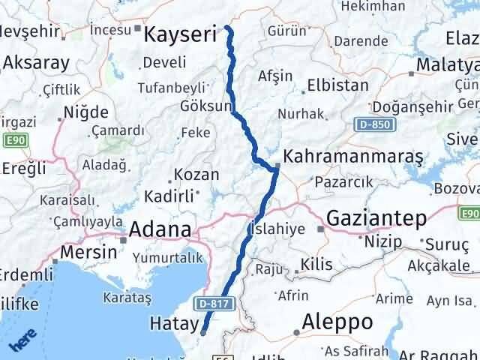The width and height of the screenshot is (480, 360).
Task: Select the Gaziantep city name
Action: click(x=376, y=218)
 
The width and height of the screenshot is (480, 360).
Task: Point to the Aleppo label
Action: click(x=337, y=322)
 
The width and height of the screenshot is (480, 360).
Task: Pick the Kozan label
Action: click(x=196, y=175)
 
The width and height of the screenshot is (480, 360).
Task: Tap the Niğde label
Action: click(x=86, y=112)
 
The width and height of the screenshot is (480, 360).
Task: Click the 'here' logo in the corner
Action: click(x=22, y=340)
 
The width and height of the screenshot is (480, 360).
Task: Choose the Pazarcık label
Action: click(x=343, y=181)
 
